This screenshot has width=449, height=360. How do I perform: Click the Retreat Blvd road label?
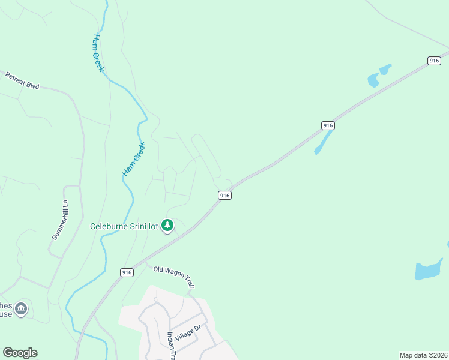[22, 81]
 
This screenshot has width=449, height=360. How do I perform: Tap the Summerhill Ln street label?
[58, 220]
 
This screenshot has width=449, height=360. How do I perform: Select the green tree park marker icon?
[168, 226]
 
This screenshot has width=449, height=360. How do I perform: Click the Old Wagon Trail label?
[174, 278]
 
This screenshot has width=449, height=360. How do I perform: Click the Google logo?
[20, 353]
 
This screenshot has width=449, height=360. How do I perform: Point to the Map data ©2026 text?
[423, 355]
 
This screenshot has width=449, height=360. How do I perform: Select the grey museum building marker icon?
[21, 308]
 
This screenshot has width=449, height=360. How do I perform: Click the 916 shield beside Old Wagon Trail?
[126, 272]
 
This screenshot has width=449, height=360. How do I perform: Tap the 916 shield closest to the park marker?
[224, 196]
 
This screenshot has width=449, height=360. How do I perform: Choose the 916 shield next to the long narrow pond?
[327, 125]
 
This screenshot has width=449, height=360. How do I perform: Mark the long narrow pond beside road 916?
[323, 142]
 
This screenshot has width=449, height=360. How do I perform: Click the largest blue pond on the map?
[429, 270]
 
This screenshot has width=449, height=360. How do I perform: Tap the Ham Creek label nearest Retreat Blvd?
[98, 53]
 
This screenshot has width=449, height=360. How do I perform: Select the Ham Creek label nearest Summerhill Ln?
[134, 159]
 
